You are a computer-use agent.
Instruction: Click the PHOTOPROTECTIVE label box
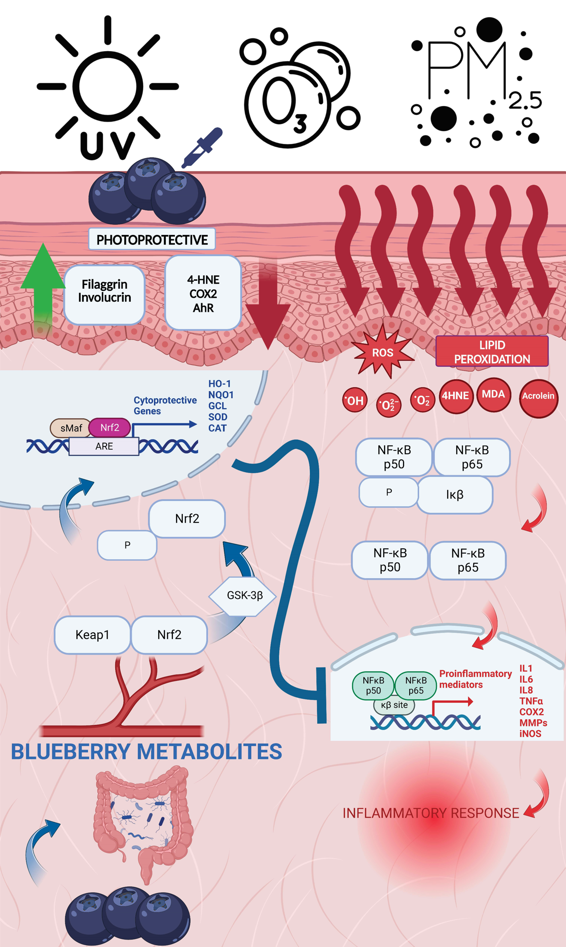152,240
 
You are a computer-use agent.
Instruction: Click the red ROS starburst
382,352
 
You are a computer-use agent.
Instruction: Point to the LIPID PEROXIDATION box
492,351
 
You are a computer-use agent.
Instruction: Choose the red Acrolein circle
538,397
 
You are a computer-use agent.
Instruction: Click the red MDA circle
493,395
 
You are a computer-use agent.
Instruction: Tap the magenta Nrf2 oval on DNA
109,428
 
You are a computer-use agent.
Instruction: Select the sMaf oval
71,428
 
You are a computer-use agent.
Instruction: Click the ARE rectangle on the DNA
104,446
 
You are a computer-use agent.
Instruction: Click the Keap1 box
92,634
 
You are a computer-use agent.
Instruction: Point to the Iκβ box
455,495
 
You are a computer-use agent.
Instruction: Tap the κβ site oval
394,705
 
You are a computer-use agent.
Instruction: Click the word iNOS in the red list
530,733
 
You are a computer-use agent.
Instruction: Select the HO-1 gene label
219,384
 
